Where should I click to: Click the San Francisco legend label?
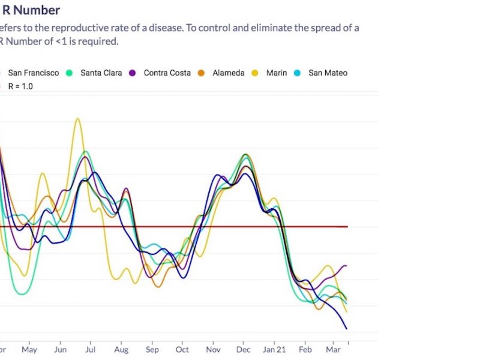(33, 73)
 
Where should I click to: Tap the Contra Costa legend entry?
(167, 73)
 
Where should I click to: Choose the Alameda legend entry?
(228, 73)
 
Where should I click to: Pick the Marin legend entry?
(276, 73)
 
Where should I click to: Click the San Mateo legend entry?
(328, 73)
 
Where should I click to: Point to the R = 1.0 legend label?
(20, 86)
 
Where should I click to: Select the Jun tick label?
(60, 350)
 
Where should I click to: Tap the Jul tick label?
(91, 350)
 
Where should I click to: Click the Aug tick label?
(121, 350)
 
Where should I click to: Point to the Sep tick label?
(152, 350)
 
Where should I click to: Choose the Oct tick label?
(182, 350)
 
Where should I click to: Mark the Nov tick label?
(213, 350)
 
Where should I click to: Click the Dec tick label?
(243, 350)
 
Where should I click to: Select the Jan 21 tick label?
(275, 350)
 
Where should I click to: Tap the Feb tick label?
(305, 350)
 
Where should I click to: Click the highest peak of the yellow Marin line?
(77, 119)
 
